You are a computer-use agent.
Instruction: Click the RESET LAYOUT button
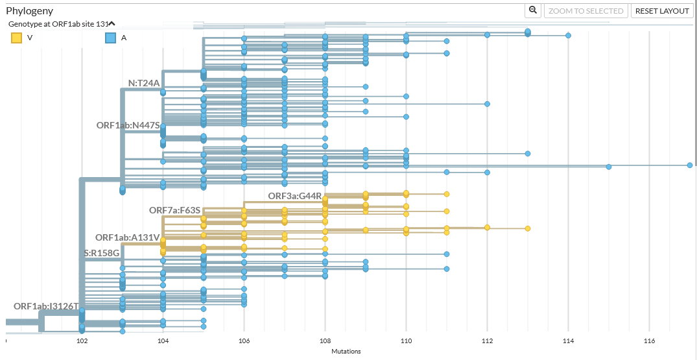point(662,11)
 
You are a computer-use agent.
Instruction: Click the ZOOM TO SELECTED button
point(586,11)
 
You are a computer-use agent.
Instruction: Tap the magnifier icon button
point(533,10)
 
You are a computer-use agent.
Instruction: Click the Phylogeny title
point(30,11)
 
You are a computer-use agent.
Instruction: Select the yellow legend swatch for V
point(17,38)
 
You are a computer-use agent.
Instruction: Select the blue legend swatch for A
point(111,38)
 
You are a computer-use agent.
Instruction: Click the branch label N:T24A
point(143,83)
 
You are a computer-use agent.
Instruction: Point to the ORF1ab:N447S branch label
point(128,125)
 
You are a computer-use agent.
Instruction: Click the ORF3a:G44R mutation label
point(294,196)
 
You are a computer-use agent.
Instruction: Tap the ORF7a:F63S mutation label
point(175,210)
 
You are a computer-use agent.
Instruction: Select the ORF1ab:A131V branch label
point(127,237)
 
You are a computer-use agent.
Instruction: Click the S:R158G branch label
point(102,252)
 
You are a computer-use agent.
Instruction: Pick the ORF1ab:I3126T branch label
point(46,306)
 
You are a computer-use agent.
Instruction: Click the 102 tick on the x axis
point(82,341)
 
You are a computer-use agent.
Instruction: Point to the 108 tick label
point(325,341)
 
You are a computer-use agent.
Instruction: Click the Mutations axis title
point(346,352)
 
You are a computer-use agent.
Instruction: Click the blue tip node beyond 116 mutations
point(690,165)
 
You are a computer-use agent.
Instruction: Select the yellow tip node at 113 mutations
point(528,228)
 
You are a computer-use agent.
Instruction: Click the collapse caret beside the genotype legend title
point(112,23)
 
